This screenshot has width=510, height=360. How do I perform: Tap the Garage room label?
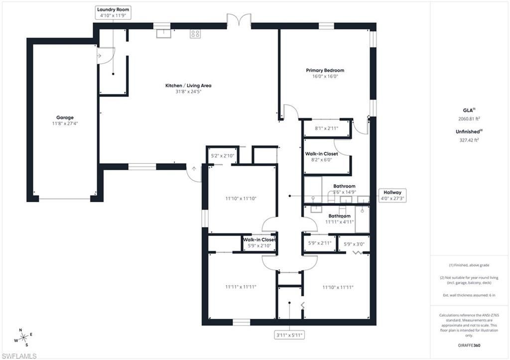point(65,120)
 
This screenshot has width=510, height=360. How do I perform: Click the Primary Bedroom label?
point(325,73)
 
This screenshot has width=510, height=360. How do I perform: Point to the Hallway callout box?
point(392,195)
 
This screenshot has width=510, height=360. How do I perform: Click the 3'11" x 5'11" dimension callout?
point(289,335)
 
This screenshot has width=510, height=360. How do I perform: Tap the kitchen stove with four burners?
point(195,34)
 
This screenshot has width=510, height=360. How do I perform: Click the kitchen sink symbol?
point(163,33)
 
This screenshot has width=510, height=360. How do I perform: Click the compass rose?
point(22,338)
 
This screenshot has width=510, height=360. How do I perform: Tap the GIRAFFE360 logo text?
point(469,345)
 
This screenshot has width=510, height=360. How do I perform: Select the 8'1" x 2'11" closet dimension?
point(327,128)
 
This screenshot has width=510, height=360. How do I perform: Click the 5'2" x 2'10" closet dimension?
point(223,156)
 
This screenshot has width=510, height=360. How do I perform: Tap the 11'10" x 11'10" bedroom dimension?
point(241,199)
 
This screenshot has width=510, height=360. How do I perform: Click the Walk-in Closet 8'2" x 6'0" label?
point(321,157)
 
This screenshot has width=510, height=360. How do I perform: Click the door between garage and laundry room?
point(100,55)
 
